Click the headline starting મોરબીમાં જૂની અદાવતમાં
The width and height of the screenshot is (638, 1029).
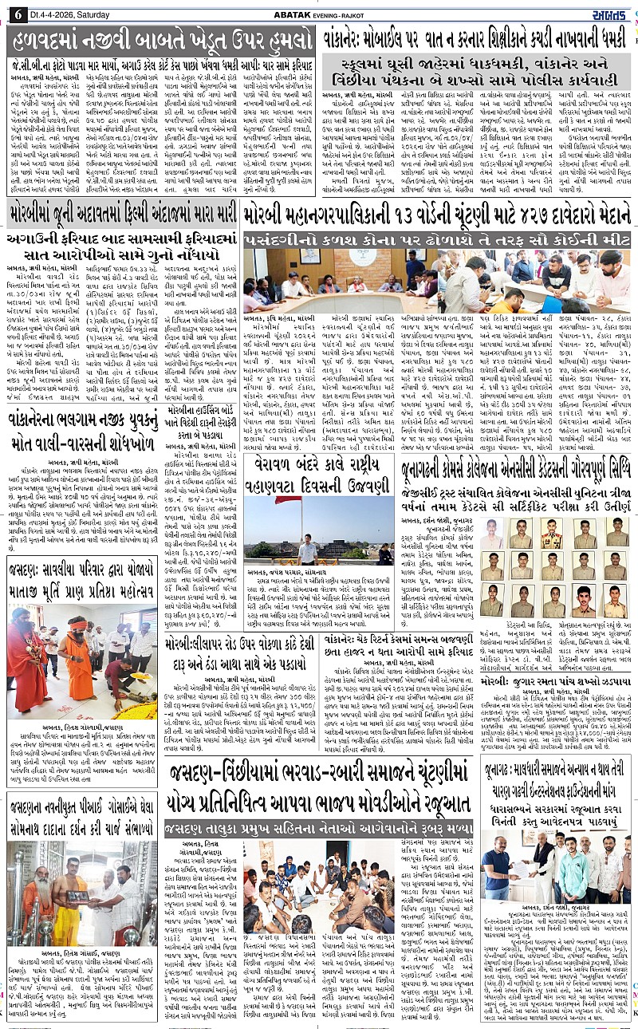point(124,214)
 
